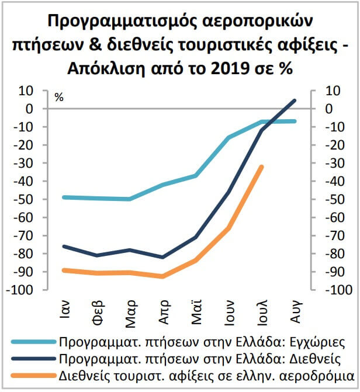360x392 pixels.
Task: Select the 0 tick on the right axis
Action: [329, 109]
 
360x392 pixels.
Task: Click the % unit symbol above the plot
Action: [58, 98]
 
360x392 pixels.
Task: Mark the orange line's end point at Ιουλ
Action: [261, 167]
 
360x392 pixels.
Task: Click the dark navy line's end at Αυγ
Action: [294, 100]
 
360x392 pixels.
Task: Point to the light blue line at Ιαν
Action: [64, 197]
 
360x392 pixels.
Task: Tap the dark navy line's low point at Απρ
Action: [162, 257]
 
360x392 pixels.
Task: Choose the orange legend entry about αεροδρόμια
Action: [208, 374]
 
